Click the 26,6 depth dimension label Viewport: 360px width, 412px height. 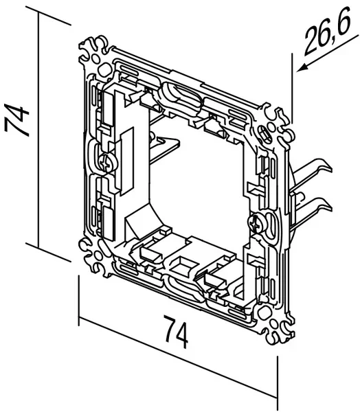[328, 34]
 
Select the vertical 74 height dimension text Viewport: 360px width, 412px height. [16, 120]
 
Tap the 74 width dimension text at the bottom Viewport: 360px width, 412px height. [175, 332]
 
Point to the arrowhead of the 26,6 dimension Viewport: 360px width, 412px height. [302, 68]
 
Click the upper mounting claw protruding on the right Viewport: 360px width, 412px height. [312, 170]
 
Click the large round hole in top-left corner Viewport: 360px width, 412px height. [104, 71]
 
